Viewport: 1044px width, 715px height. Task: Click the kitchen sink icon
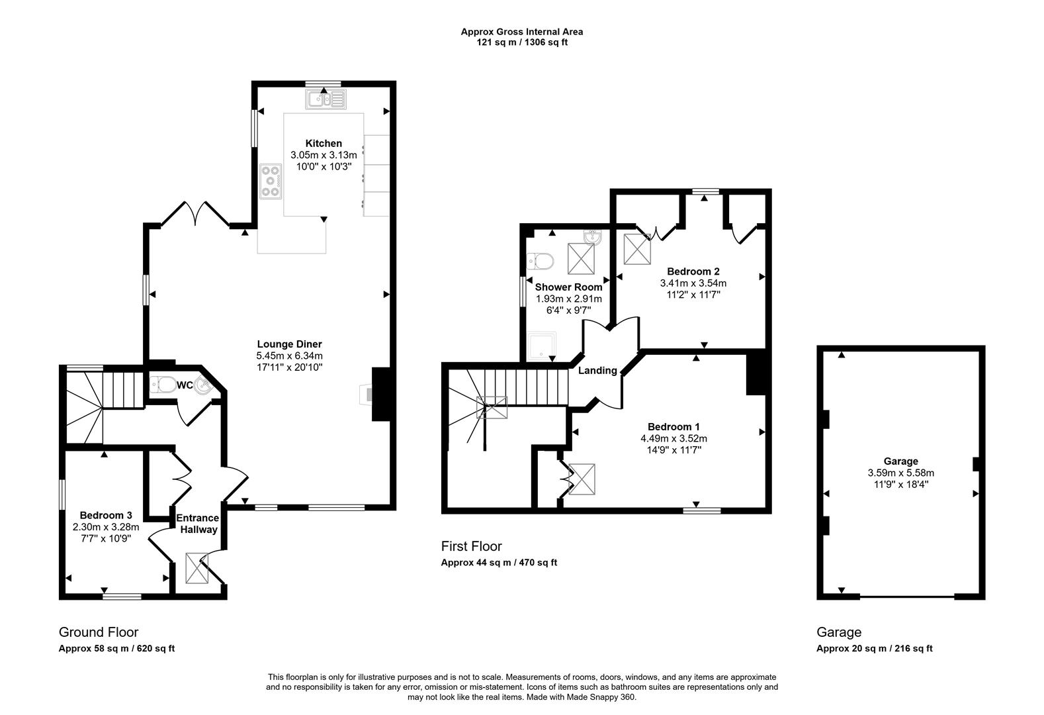pyautogui.click(x=326, y=100)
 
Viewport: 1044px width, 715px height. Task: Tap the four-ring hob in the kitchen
pyautogui.click(x=270, y=181)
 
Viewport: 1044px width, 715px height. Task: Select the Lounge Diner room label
pyautogui.click(x=290, y=344)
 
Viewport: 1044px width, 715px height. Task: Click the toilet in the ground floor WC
pyautogui.click(x=163, y=384)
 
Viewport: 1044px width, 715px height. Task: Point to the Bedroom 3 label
pyautogui.click(x=106, y=515)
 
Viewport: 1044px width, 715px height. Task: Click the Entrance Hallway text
pyautogui.click(x=196, y=524)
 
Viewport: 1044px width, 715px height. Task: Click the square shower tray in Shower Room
pyautogui.click(x=542, y=346)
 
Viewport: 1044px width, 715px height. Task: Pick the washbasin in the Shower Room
pyautogui.click(x=593, y=237)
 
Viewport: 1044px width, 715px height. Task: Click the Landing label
pyautogui.click(x=597, y=371)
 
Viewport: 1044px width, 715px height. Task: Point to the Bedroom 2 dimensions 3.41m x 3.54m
pyautogui.click(x=693, y=283)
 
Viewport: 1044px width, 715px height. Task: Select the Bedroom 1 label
pyautogui.click(x=674, y=427)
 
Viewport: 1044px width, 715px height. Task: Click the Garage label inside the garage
pyautogui.click(x=900, y=461)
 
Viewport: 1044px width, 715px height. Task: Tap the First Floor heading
pyautogui.click(x=471, y=546)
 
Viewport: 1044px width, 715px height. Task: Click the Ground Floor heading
pyautogui.click(x=99, y=632)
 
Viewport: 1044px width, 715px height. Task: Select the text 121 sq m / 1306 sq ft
pyautogui.click(x=522, y=42)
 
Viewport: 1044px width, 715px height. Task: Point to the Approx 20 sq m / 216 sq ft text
pyautogui.click(x=874, y=649)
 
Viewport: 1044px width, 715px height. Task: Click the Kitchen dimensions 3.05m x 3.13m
pyautogui.click(x=324, y=155)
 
